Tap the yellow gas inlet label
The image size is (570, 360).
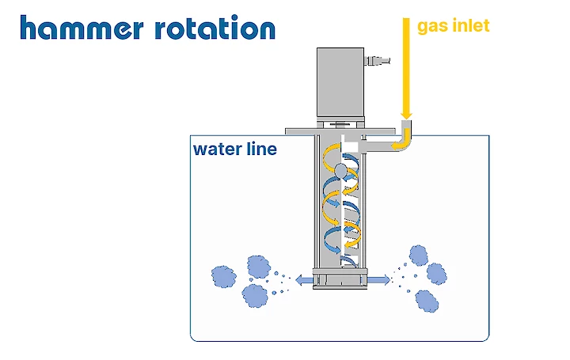454,25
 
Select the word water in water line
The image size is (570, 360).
216,149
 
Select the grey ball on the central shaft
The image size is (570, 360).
340,170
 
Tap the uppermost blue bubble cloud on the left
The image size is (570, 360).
257,264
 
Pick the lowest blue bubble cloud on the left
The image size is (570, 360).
255,296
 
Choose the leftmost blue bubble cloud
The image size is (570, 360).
224,277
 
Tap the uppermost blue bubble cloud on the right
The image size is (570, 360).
419,256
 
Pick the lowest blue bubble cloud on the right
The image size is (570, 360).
426,300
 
